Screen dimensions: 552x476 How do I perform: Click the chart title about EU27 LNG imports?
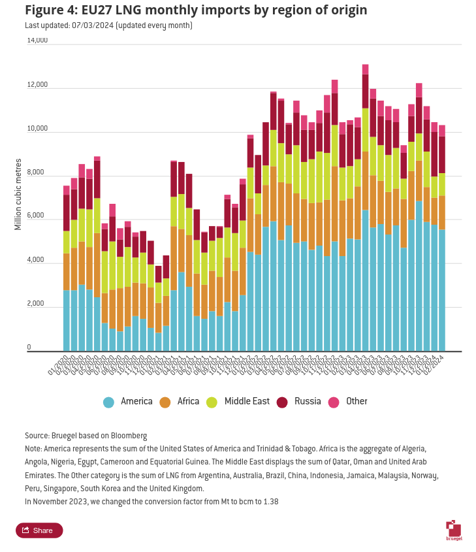click(x=195, y=10)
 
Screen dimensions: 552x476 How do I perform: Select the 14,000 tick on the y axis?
click(x=37, y=41)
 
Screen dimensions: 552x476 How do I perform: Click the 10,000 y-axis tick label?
click(x=37, y=129)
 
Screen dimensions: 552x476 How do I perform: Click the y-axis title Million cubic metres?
click(x=18, y=194)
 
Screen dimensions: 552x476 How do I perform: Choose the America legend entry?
click(x=128, y=402)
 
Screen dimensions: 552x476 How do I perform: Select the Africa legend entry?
click(x=180, y=402)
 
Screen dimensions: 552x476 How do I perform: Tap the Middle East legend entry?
click(x=238, y=402)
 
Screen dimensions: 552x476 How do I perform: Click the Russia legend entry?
click(x=298, y=402)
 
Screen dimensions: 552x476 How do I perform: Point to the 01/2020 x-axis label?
click(x=58, y=365)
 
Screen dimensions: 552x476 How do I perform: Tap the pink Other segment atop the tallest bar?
click(x=366, y=69)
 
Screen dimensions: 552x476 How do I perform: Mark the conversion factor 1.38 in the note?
click(x=270, y=502)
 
